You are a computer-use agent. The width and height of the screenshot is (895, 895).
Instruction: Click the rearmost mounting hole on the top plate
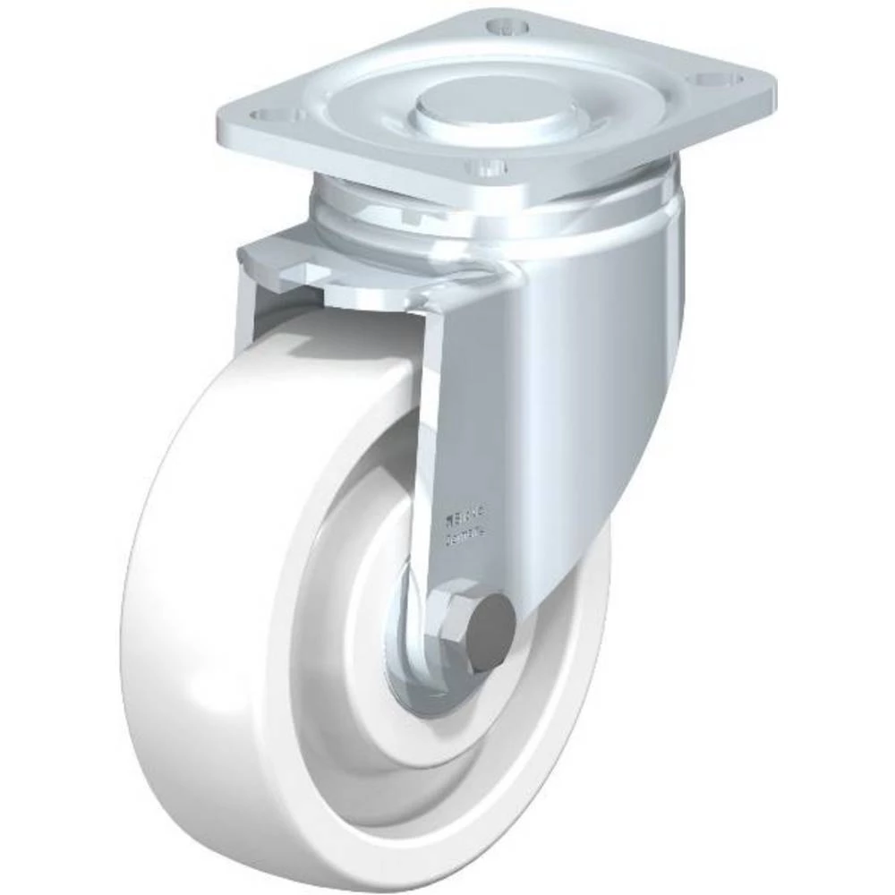click(x=507, y=25)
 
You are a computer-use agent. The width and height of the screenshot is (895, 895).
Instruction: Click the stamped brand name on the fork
click(x=465, y=517)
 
